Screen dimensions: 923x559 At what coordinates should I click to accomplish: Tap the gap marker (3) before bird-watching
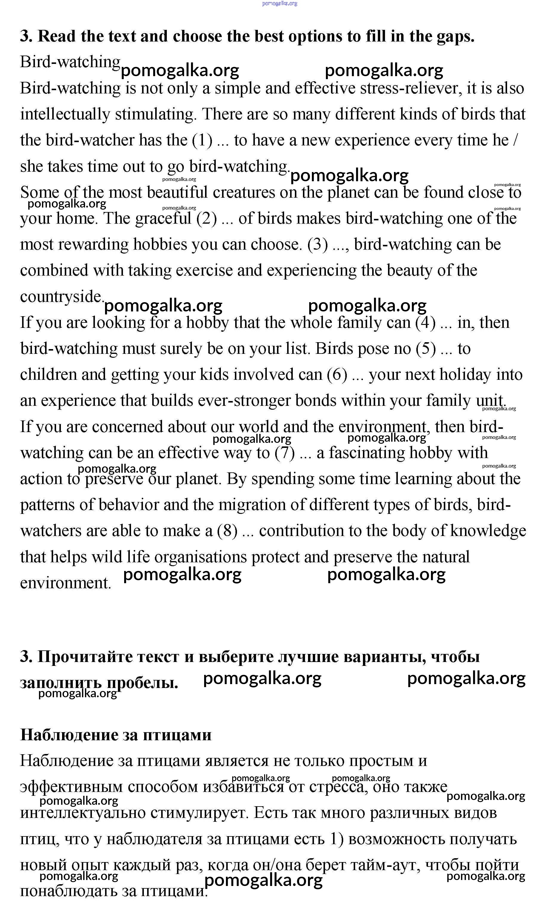[x=318, y=245]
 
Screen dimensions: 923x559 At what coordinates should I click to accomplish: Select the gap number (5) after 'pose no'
[x=426, y=349]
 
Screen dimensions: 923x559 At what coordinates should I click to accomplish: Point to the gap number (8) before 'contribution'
[x=227, y=531]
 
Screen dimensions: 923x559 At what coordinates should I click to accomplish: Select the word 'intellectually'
[x=65, y=115]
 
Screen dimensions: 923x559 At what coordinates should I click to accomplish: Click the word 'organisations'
[x=200, y=557]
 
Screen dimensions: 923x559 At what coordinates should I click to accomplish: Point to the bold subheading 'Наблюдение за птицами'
[x=116, y=735]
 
